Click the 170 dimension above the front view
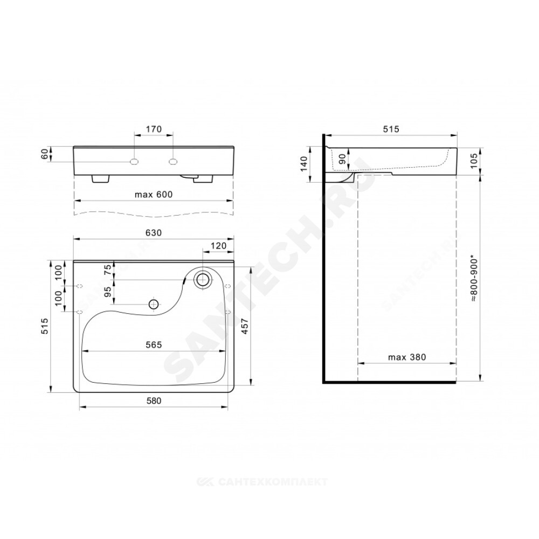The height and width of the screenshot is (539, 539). [154, 129]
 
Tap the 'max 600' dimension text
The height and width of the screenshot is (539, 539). [154, 195]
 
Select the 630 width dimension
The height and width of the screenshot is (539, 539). [154, 233]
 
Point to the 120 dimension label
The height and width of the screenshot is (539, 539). [219, 246]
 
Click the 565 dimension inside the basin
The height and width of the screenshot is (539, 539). [154, 345]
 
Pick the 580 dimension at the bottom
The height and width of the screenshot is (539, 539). [154, 401]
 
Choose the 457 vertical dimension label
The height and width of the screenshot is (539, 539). [245, 326]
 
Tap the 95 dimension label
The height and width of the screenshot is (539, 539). [108, 292]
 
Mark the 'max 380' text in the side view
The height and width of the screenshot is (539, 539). [407, 357]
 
